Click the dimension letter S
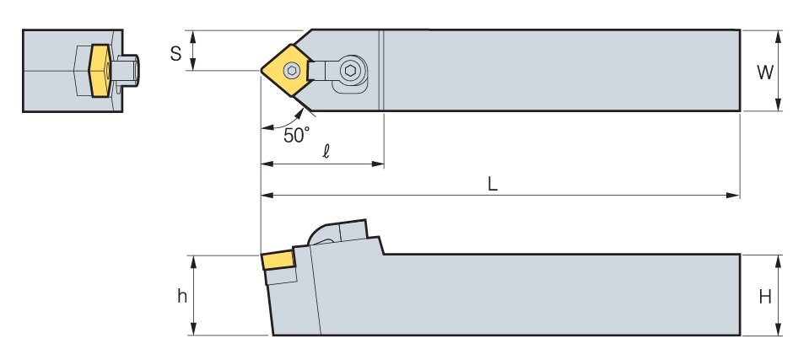point(176,53)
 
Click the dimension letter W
point(764,73)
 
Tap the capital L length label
point(493,184)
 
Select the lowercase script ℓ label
point(326,151)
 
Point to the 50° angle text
point(297,135)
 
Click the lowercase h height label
point(182,296)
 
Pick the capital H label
point(765,297)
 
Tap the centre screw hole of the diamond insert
point(292,70)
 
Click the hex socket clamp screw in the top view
point(350,71)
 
